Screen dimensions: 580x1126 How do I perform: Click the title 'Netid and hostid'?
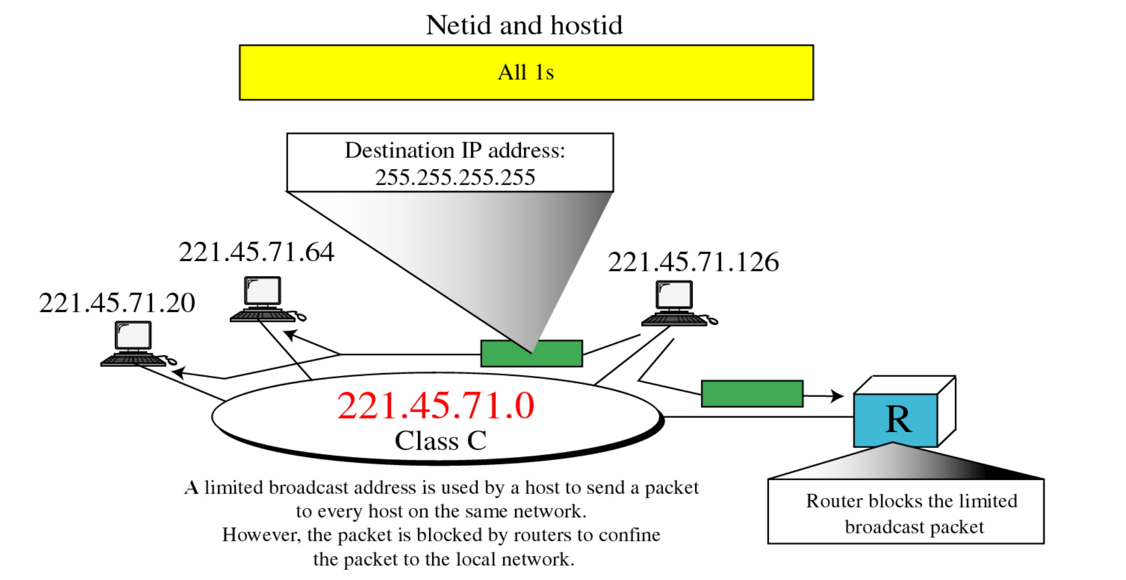coord(524,25)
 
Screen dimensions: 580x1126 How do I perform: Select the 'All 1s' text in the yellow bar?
coord(526,72)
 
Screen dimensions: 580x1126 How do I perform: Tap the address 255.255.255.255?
coord(455,178)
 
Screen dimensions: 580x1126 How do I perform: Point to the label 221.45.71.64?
coord(256,252)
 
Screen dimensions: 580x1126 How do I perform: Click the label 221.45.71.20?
coord(117,303)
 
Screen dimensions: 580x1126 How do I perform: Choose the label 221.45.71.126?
coord(693,262)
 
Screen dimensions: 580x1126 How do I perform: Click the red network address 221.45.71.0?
coord(436,406)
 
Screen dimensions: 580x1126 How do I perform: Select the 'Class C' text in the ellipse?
coord(441,441)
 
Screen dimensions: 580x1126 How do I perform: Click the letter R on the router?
coord(898,420)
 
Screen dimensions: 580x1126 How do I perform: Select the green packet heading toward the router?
coord(752,394)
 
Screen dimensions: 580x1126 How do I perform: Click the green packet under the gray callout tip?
coord(531,354)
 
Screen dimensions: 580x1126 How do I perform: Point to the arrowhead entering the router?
coord(838,396)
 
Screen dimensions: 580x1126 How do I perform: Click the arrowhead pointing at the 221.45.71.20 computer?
coord(178,372)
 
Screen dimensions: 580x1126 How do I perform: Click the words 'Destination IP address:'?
coord(455,151)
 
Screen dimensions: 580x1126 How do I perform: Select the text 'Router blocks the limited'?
coord(911,501)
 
